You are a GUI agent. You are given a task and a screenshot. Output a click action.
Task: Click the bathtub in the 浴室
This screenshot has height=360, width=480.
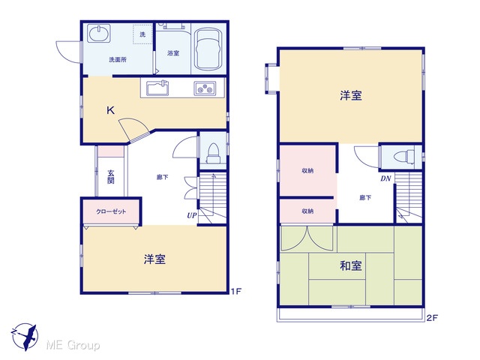click(208, 50)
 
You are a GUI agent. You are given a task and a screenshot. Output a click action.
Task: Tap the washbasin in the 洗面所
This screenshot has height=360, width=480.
click(99, 33)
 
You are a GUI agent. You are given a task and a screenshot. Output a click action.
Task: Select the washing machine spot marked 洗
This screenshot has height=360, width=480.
click(142, 34)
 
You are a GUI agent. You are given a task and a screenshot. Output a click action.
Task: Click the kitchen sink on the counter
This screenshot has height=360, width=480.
click(157, 88)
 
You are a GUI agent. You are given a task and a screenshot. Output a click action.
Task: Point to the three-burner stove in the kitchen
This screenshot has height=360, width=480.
click(205, 88)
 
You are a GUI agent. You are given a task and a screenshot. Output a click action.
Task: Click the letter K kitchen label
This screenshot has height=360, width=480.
click(110, 110)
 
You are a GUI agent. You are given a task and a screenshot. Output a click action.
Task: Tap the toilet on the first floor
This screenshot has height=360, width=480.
click(213, 154)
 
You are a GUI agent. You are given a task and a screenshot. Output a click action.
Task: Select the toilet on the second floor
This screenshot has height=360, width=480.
click(403, 157)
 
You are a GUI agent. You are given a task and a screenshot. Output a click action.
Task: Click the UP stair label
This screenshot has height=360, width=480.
click(192, 215)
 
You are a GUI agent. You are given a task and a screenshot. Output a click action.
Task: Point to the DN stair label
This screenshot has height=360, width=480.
click(386, 178)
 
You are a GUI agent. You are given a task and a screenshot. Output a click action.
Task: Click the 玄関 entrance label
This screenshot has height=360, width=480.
click(111, 177)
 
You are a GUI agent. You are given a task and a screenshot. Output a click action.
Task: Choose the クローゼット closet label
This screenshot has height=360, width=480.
click(111, 211)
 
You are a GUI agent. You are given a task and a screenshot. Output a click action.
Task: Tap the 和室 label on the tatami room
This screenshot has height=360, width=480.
click(351, 265)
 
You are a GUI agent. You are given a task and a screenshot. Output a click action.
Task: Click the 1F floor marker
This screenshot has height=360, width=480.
click(236, 291)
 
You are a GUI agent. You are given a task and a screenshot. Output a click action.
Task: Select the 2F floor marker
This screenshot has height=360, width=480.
click(432, 318)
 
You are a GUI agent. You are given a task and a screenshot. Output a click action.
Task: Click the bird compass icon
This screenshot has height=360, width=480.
click(25, 337)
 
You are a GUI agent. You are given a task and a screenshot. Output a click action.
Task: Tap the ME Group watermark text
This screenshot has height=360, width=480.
click(73, 345)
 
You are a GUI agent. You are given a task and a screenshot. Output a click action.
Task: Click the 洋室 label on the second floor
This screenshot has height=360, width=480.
click(351, 95)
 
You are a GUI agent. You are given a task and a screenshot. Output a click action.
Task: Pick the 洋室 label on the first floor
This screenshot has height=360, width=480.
click(155, 259)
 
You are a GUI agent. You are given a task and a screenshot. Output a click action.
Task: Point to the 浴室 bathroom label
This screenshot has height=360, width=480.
click(173, 53)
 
